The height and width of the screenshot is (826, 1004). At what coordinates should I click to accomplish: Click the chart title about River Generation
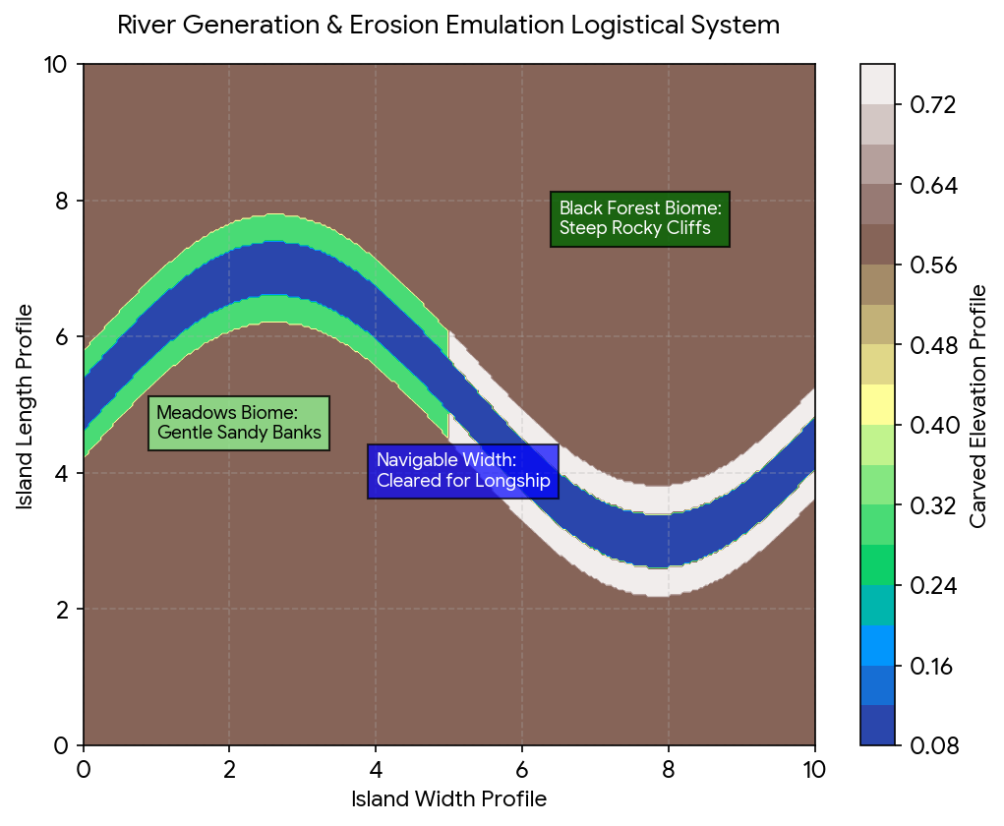pyautogui.click(x=448, y=26)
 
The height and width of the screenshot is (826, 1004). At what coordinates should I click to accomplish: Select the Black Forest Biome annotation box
pyautogui.click(x=639, y=219)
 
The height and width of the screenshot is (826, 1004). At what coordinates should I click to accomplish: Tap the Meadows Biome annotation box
pyautogui.click(x=239, y=423)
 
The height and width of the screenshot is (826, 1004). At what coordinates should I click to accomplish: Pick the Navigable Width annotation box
pyautogui.click(x=463, y=471)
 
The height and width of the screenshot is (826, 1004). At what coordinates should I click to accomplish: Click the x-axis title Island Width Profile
pyautogui.click(x=448, y=799)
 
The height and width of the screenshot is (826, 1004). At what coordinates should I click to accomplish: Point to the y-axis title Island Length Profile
pyautogui.click(x=25, y=407)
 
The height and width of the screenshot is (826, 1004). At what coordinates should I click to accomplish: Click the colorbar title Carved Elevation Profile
pyautogui.click(x=977, y=406)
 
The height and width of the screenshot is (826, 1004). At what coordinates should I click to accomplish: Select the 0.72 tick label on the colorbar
pyautogui.click(x=933, y=104)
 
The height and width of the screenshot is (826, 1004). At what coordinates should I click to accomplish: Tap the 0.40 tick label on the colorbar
pyautogui.click(x=934, y=425)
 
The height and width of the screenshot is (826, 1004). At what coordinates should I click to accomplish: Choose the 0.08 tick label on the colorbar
pyautogui.click(x=934, y=746)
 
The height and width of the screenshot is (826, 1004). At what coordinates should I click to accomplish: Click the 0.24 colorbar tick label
pyautogui.click(x=933, y=586)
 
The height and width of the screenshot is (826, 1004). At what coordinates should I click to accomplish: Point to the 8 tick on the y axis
pyautogui.click(x=62, y=201)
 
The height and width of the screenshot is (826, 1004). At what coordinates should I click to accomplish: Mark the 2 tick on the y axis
pyautogui.click(x=62, y=610)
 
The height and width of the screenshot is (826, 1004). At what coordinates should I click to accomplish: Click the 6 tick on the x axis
pyautogui.click(x=522, y=770)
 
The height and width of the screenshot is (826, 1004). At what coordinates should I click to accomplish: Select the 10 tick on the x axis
pyautogui.click(x=813, y=770)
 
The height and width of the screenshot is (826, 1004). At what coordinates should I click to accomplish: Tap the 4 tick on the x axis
pyautogui.click(x=376, y=770)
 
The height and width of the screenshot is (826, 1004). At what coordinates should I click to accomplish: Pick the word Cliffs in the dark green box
pyautogui.click(x=688, y=228)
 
